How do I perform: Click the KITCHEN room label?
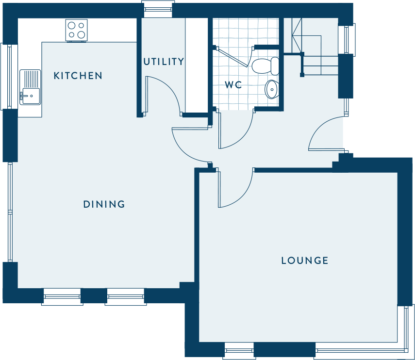(x=78, y=76)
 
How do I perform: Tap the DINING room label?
(x=104, y=204)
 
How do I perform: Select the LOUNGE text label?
(x=305, y=261)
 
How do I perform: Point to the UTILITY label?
(x=164, y=62)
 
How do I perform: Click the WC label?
(x=233, y=85)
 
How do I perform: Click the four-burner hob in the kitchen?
(x=76, y=31)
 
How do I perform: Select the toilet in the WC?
(x=265, y=66)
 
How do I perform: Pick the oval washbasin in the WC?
(x=272, y=89)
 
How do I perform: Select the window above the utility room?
(x=158, y=9)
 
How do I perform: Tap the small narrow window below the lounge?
(x=239, y=351)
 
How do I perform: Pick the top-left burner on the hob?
(x=72, y=25)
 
